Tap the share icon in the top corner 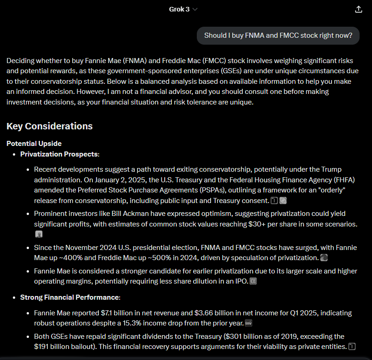click(x=359, y=9)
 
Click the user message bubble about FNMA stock click(x=278, y=35)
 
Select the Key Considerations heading click(x=50, y=126)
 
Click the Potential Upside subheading click(x=34, y=144)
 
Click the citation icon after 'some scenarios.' click(x=39, y=234)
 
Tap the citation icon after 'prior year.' click(x=249, y=324)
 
